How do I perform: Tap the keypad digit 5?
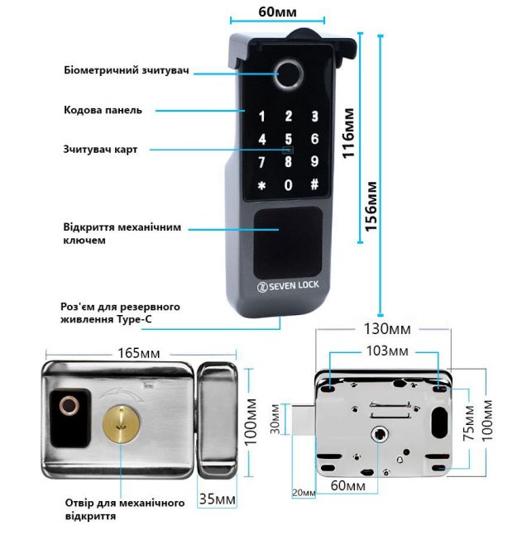pyautogui.click(x=289, y=139)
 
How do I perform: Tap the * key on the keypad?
pyautogui.click(x=262, y=185)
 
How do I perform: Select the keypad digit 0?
pyautogui.click(x=289, y=184)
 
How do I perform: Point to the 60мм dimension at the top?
pyautogui.click(x=277, y=12)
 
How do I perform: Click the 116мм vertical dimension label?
pyautogui.click(x=348, y=133)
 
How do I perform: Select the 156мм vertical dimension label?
pyautogui.click(x=371, y=207)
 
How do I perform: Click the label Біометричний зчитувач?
pyautogui.click(x=127, y=70)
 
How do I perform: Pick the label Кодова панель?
pyautogui.click(x=103, y=110)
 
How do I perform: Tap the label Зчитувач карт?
pyautogui.click(x=100, y=149)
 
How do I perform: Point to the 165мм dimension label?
pyautogui.click(x=138, y=353)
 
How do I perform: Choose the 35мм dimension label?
pyautogui.click(x=217, y=499)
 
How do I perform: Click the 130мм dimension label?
pyautogui.click(x=387, y=329)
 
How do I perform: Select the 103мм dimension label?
pyautogui.click(x=387, y=351)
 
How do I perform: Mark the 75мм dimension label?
pyautogui.click(x=468, y=423)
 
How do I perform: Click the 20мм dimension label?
pyautogui.click(x=304, y=493)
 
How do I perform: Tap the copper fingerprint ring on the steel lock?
pyautogui.click(x=69, y=405)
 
